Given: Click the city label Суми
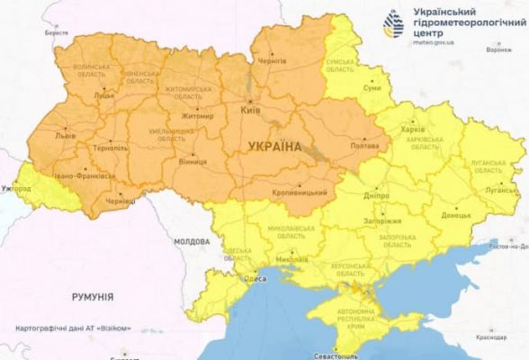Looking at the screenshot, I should (x=371, y=87).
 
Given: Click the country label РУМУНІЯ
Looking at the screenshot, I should (x=93, y=296).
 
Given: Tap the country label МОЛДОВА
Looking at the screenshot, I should (x=191, y=242).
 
